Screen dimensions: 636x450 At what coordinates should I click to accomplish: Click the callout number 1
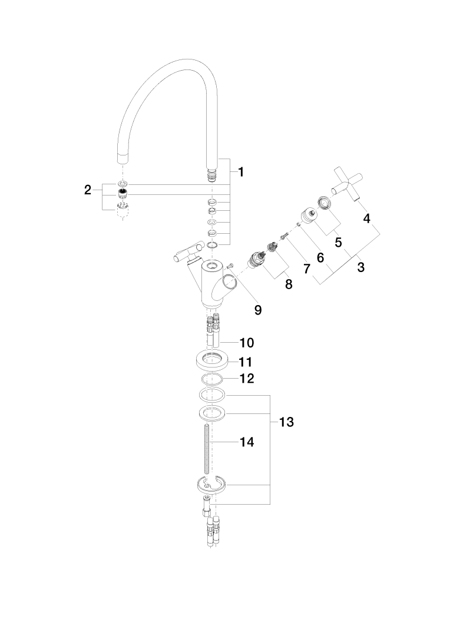[241, 172]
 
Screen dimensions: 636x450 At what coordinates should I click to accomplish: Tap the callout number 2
[88, 190]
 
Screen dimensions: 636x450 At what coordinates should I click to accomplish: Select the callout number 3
[360, 267]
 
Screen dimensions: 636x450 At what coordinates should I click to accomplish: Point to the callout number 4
[366, 218]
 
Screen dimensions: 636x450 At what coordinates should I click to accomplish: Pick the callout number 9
[258, 310]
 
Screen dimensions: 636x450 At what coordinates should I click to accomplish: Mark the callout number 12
[246, 378]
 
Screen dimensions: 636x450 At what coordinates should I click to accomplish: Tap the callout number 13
[286, 422]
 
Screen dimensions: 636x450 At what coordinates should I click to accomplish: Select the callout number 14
[247, 441]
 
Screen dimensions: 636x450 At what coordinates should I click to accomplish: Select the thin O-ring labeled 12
[212, 378]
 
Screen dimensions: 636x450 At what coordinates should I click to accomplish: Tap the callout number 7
[306, 269]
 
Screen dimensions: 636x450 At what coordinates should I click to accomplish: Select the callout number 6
[321, 257]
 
